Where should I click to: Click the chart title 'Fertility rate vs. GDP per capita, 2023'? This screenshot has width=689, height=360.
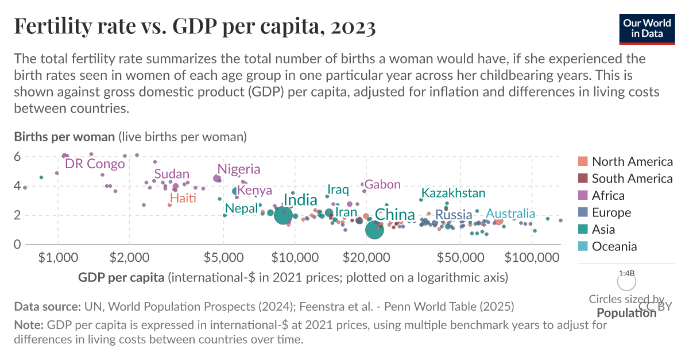[195, 26]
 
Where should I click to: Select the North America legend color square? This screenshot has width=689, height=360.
[582, 161]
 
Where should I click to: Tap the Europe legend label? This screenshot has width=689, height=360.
[611, 212]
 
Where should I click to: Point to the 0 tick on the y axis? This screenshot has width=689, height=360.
[17, 245]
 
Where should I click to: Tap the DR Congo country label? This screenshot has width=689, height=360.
[95, 164]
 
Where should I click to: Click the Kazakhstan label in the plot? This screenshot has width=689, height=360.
[453, 193]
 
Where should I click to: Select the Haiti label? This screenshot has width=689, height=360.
[183, 199]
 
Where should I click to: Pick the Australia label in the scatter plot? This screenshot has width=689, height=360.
[510, 214]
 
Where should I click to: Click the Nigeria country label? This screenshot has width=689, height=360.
[239, 169]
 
